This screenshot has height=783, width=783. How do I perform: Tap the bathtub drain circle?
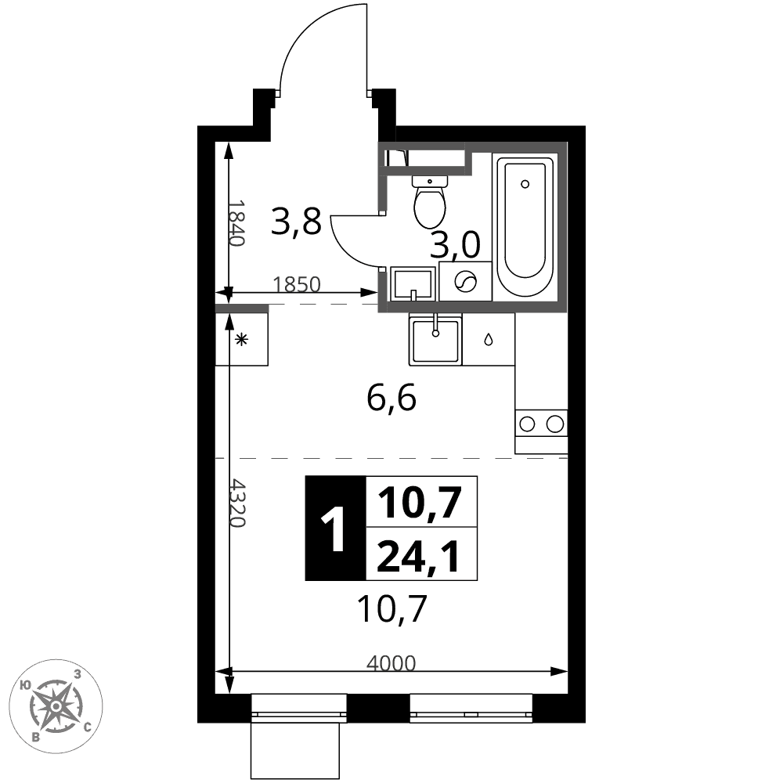point(525,184)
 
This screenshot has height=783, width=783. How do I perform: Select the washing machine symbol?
point(465,281)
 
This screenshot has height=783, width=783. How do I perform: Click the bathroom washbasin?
point(413,283)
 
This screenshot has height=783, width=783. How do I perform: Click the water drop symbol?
point(489,340)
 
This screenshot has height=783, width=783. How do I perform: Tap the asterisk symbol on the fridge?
point(242,340)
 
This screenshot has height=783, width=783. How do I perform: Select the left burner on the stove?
point(527,424)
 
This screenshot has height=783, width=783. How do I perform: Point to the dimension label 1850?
point(297,285)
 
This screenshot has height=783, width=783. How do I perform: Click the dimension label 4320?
point(238,504)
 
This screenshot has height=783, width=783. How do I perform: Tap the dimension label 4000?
point(391,663)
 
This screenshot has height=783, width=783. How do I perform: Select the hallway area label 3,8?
point(296,222)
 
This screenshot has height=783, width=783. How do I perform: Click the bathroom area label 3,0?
point(456,244)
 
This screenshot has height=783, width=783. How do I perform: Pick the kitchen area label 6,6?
point(391,399)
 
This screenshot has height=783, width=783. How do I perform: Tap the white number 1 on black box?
point(334,529)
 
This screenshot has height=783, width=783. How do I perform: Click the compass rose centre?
point(56,706)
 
